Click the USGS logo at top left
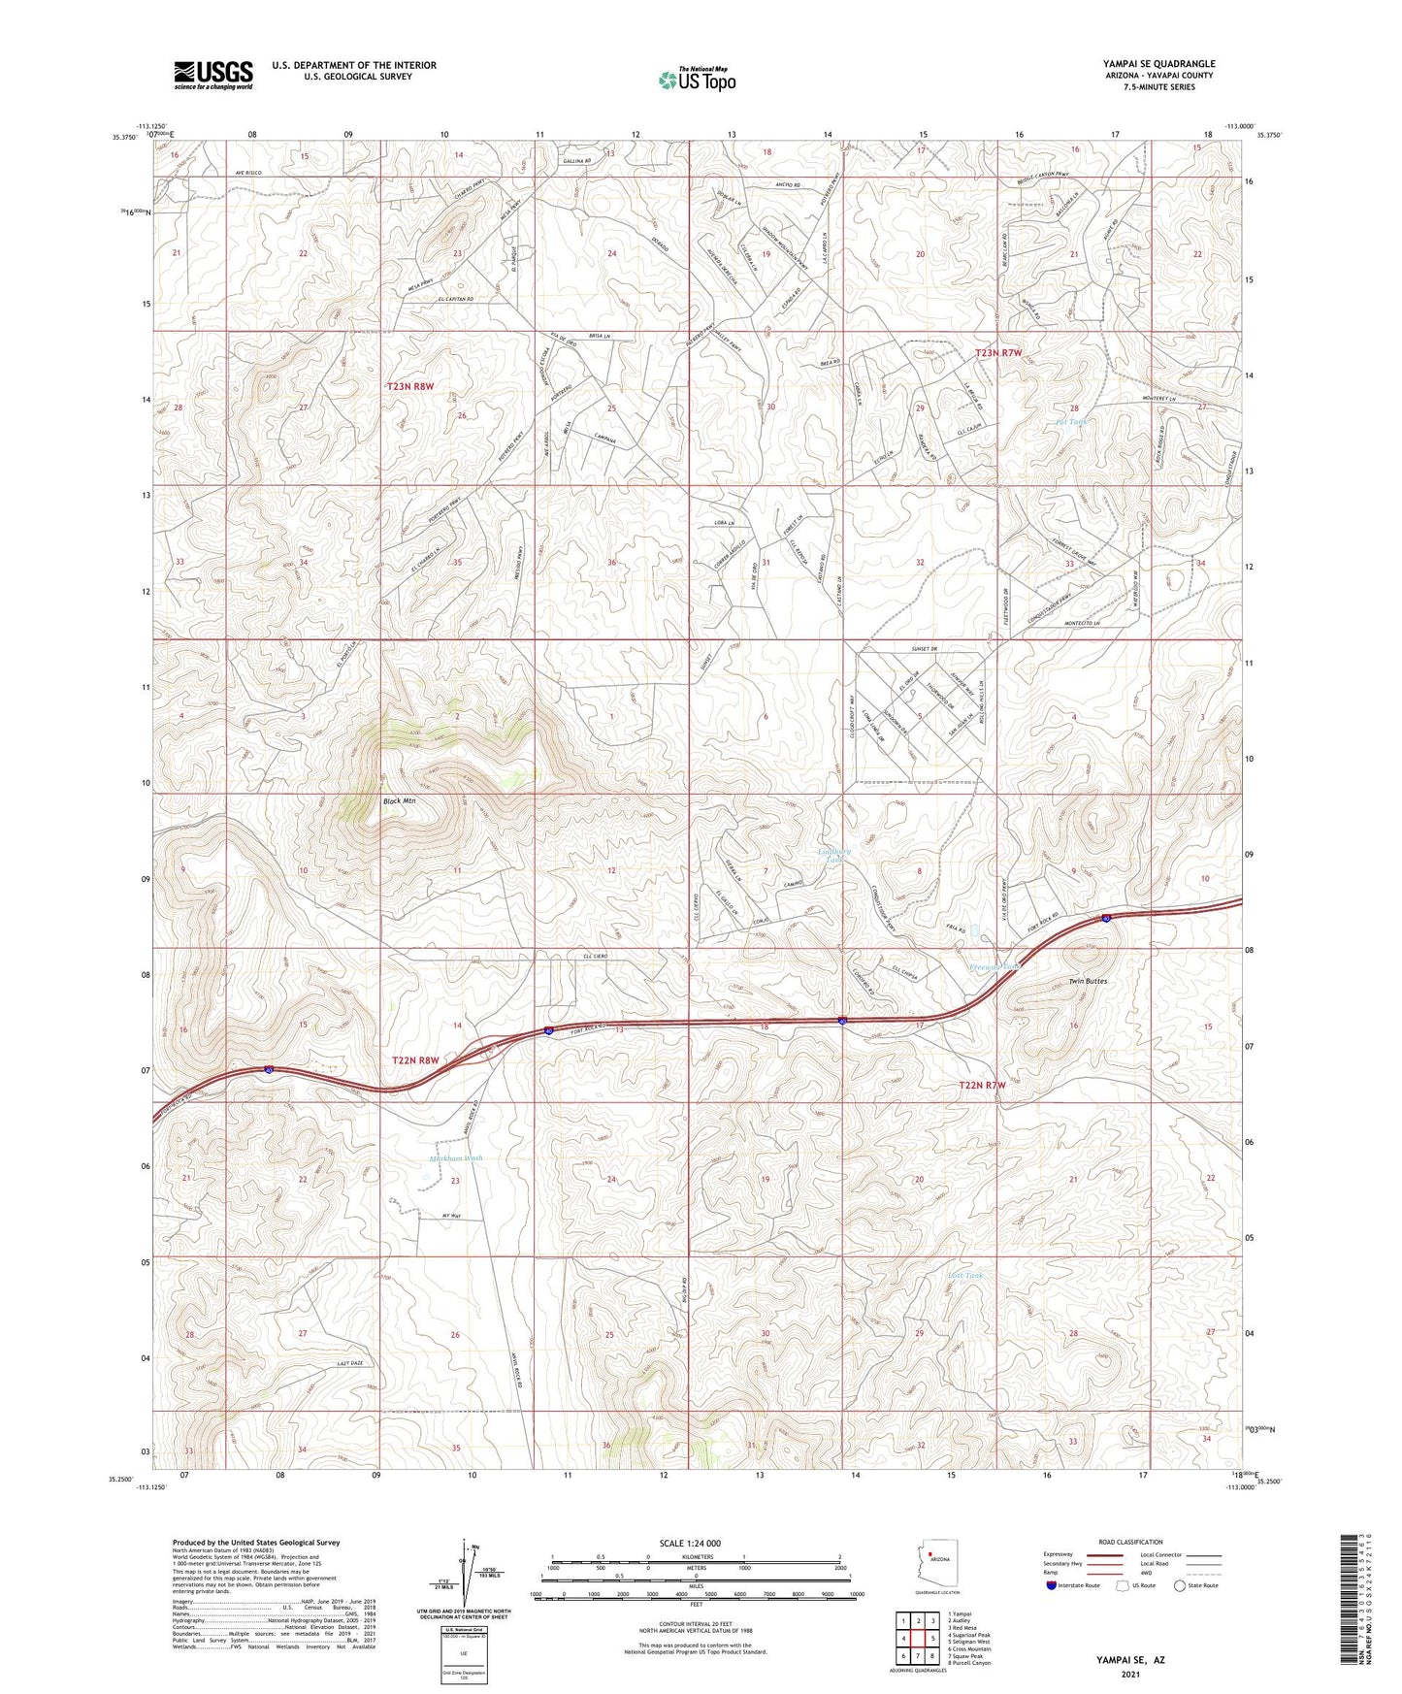click(x=213, y=75)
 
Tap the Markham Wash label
click(x=455, y=1158)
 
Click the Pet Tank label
click(x=1070, y=422)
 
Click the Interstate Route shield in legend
click(x=1052, y=1585)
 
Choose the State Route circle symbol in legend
click(x=1179, y=1585)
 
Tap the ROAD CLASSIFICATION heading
click(x=1130, y=1542)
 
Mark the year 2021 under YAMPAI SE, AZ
click(x=1129, y=1674)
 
